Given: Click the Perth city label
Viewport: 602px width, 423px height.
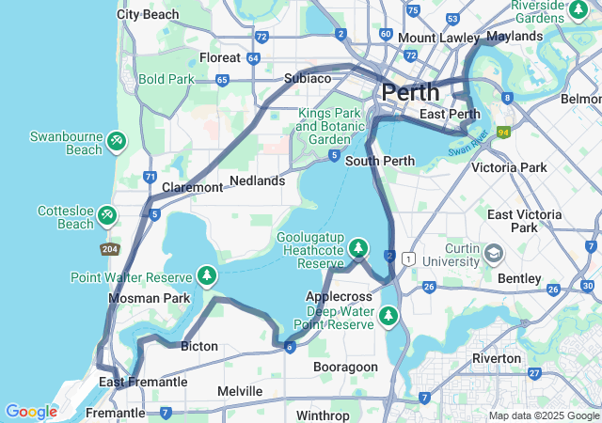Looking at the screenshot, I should pos(410,92).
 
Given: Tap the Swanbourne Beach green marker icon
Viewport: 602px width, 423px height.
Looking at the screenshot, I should pos(116,141).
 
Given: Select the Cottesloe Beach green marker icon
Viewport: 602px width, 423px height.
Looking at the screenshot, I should pos(106,216).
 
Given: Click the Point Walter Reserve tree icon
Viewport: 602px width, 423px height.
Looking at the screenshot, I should pos(206,276).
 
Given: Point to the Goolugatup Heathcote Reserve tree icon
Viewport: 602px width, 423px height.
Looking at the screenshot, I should pos(357,248).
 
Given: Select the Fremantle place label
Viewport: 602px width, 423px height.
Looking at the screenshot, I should pos(115,413).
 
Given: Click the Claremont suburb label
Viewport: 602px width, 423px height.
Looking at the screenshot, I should pos(192,187).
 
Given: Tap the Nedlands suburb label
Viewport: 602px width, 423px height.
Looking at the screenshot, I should pos(257,180).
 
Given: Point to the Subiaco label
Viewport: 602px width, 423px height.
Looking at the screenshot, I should pos(308,78).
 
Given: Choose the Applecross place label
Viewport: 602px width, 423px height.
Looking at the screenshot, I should pos(339,296).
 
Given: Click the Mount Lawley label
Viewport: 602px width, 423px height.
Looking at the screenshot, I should pos(438,38).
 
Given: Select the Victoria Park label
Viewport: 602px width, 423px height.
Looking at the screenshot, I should pos(508,167).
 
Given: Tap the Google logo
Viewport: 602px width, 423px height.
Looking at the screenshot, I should pos(31,412).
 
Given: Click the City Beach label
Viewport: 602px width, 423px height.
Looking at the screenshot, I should pos(148,14).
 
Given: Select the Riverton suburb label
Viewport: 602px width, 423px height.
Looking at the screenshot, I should pos(498,358).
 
